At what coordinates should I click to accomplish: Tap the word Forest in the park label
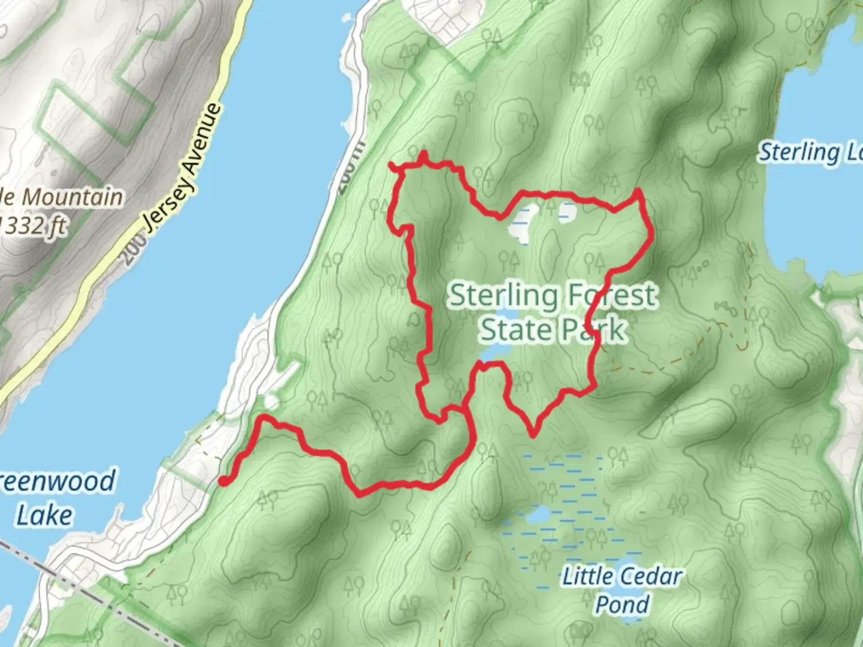click(x=612, y=295)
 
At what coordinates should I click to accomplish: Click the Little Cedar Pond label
click(x=621, y=589)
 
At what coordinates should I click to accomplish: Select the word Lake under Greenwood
click(x=44, y=515)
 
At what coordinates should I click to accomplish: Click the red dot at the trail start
click(x=223, y=480)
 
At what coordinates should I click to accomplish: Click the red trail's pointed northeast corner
click(x=639, y=192)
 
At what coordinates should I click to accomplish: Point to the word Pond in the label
click(x=621, y=604)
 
